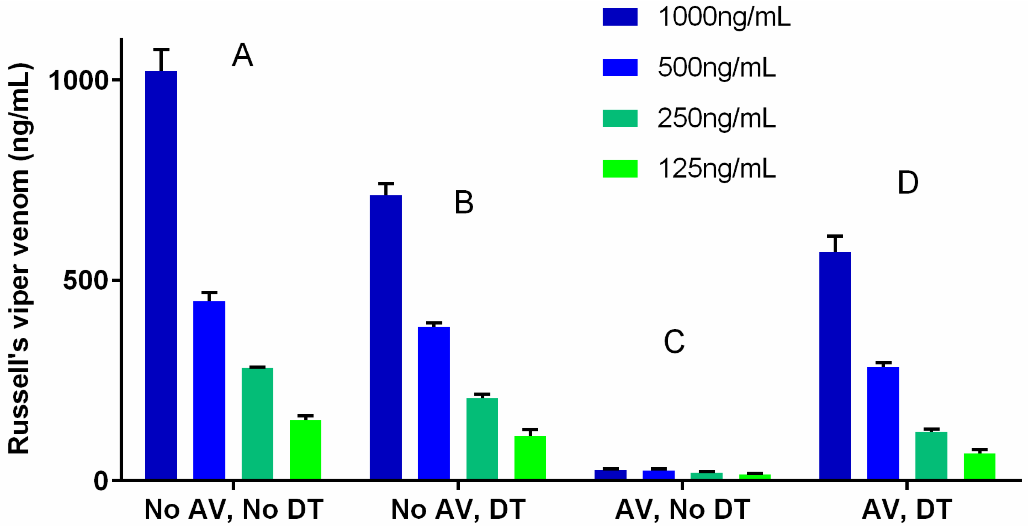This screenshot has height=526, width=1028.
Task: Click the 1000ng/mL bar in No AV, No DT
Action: tap(161, 275)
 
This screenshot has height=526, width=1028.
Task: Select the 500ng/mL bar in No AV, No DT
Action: tap(209, 390)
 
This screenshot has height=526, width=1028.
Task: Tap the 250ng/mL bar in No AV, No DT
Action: tap(257, 424)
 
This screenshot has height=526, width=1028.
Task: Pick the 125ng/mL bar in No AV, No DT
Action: tap(306, 450)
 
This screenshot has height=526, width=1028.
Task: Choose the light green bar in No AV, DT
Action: tap(530, 458)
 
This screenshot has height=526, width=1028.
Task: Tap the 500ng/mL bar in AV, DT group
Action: tap(883, 423)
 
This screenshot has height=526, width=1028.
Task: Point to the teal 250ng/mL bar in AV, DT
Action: tap(931, 456)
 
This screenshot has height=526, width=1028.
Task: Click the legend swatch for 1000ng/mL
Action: tap(620, 17)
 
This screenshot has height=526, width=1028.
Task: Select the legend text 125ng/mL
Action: tap(716, 169)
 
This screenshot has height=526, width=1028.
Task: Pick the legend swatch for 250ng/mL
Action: tap(620, 118)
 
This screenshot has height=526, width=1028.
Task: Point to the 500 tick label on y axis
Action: tap(85, 280)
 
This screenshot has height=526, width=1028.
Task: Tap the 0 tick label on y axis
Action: tap(101, 481)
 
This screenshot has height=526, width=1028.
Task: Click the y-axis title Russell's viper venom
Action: tap(19, 259)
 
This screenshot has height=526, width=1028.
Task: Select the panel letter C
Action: tap(674, 342)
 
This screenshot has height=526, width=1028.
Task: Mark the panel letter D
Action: tap(908, 183)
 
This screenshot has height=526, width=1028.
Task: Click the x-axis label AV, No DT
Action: tap(683, 509)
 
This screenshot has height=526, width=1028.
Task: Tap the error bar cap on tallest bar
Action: tap(161, 49)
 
